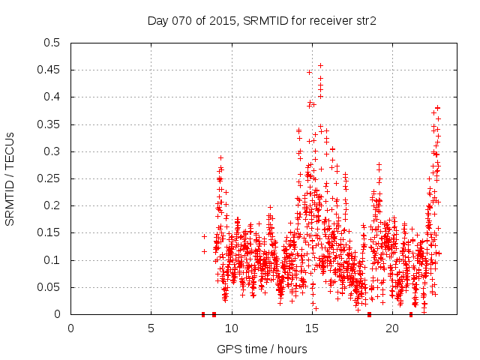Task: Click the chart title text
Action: (261, 21)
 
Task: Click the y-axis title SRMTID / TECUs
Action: (10, 178)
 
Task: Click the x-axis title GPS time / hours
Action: (262, 349)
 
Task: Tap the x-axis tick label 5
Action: (151, 328)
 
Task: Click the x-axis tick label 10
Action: (232, 328)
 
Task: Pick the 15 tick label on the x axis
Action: (312, 328)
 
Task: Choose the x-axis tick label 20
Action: (392, 328)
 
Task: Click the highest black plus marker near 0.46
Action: (320, 65)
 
